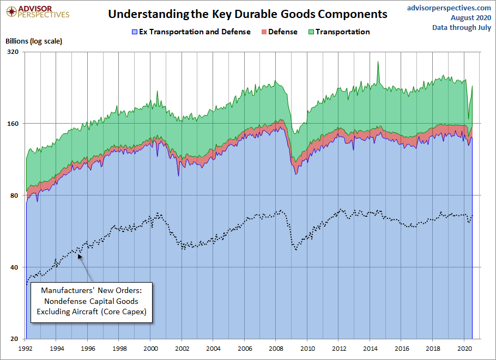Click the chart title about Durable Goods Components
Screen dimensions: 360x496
tap(247, 14)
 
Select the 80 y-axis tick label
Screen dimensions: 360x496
tap(14, 196)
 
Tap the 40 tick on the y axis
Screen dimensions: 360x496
tap(14, 267)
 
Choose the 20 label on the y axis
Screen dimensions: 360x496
tap(14, 339)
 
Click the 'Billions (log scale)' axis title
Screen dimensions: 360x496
tap(34, 41)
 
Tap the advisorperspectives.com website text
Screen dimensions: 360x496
tap(449, 8)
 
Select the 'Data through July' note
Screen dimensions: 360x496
tap(462, 27)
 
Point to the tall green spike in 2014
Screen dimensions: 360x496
tap(378, 63)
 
